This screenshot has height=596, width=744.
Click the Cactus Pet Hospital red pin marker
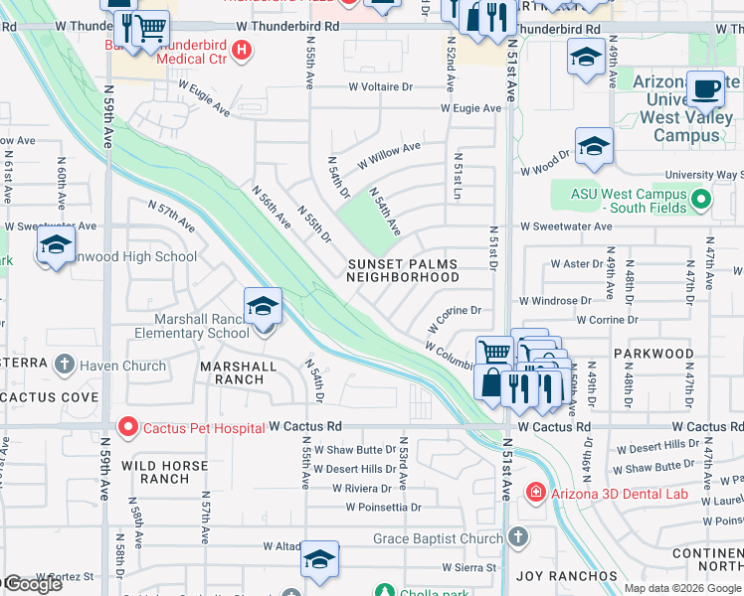click(127, 428)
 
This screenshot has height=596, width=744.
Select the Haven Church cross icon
click(66, 366)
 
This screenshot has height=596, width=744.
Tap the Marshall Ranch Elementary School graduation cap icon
click(263, 307)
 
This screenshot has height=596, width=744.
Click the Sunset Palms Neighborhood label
click(403, 271)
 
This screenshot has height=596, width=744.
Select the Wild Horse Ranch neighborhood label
click(155, 472)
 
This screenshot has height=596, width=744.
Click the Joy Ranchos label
click(566, 576)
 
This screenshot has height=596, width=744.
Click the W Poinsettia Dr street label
click(384, 508)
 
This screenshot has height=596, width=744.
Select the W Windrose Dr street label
click(554, 300)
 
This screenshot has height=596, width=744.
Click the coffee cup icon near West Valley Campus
click(705, 88)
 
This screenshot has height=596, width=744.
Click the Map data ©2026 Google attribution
click(682, 588)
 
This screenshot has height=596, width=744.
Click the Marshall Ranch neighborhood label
click(238, 372)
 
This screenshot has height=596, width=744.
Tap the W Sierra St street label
click(469, 568)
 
